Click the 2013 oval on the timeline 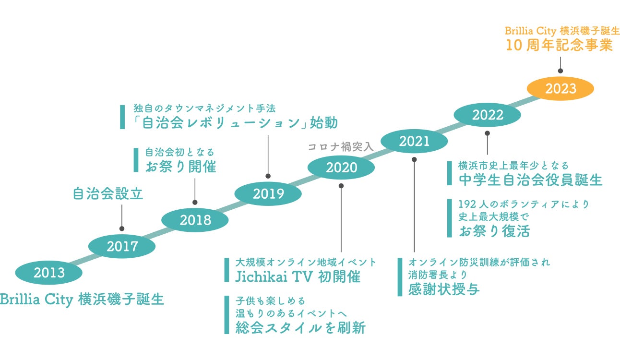pos(49,273)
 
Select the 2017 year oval pos(122,247)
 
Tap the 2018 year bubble pos(195,220)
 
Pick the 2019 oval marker pos(268,194)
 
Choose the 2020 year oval pos(341,168)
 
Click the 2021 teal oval pos(414,141)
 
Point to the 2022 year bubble pos(488,115)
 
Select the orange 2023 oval pos(560,89)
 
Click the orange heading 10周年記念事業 pos(559,46)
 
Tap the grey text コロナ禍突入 pos(340,147)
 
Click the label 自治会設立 pos(108,193)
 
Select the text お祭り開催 pos(181,167)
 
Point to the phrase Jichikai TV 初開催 pos(298,277)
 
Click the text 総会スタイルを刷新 pos(301,328)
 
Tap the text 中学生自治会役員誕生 pos(530,180)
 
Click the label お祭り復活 pos(494,231)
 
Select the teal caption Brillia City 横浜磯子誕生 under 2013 pos(82,300)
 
